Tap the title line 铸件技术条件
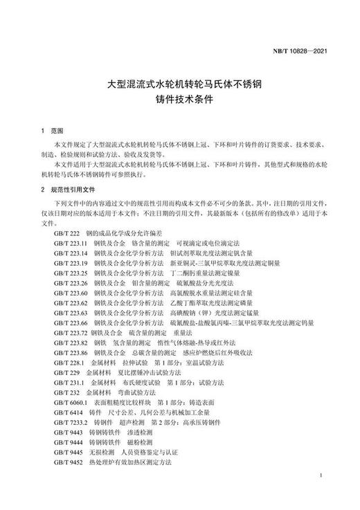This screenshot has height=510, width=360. point(179,100)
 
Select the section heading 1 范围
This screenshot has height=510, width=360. point(52,131)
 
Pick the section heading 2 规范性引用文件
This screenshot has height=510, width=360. point(68,189)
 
